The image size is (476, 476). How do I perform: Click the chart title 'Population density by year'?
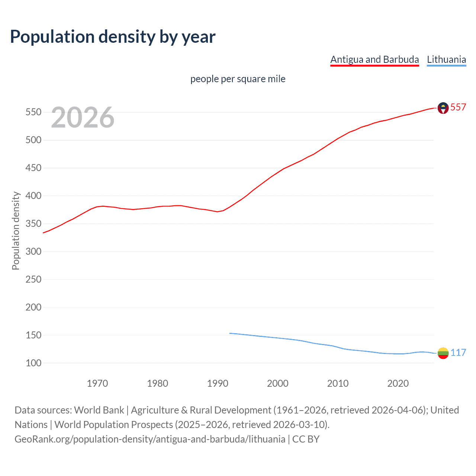pyautogui.click(x=113, y=37)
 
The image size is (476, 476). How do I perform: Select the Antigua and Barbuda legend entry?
pyautogui.click(x=374, y=59)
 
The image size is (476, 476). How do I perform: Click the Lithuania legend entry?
pyautogui.click(x=446, y=59)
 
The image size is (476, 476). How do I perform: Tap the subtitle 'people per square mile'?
pyautogui.click(x=238, y=79)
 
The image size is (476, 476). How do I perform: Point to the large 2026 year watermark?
pyautogui.click(x=83, y=118)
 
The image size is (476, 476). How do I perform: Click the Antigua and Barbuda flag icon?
pyautogui.click(x=443, y=108)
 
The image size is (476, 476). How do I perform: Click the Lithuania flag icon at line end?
pyautogui.click(x=443, y=353)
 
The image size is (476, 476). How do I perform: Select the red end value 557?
pyautogui.click(x=458, y=107)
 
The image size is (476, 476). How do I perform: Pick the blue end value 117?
pyautogui.click(x=458, y=353)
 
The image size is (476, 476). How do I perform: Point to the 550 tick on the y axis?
pyautogui.click(x=33, y=112)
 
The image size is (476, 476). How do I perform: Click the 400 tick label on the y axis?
pyautogui.click(x=33, y=196)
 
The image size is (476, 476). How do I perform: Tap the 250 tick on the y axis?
pyautogui.click(x=33, y=279)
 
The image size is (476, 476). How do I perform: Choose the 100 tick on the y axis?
pyautogui.click(x=33, y=363)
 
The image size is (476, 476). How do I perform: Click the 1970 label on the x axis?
pyautogui.click(x=97, y=383)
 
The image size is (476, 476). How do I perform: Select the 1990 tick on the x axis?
pyautogui.click(x=218, y=383)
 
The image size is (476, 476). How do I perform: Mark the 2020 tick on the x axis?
pyautogui.click(x=398, y=383)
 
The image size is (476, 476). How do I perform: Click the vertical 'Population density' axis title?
pyautogui.click(x=16, y=231)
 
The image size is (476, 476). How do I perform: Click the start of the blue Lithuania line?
pyautogui.click(x=230, y=333)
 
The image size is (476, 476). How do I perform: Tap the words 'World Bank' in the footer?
pyautogui.click(x=99, y=410)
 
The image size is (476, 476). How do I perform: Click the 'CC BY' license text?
pyautogui.click(x=306, y=439)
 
